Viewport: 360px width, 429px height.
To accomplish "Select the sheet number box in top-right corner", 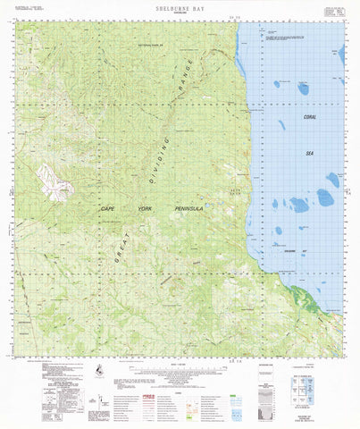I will [333, 13].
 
